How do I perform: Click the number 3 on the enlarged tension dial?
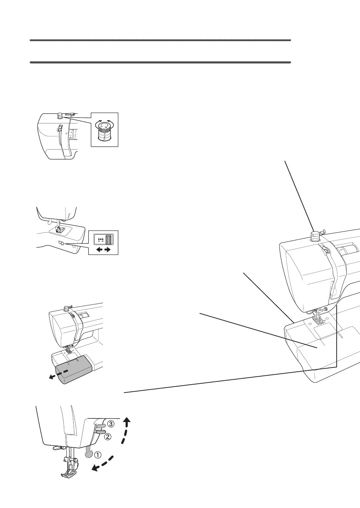(x=105, y=134)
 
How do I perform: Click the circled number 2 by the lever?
(x=107, y=437)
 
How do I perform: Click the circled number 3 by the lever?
(x=110, y=424)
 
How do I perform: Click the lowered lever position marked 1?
(x=89, y=452)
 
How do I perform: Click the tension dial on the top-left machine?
(x=60, y=115)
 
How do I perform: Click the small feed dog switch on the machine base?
(x=60, y=243)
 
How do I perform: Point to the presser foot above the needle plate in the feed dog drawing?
(x=58, y=229)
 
